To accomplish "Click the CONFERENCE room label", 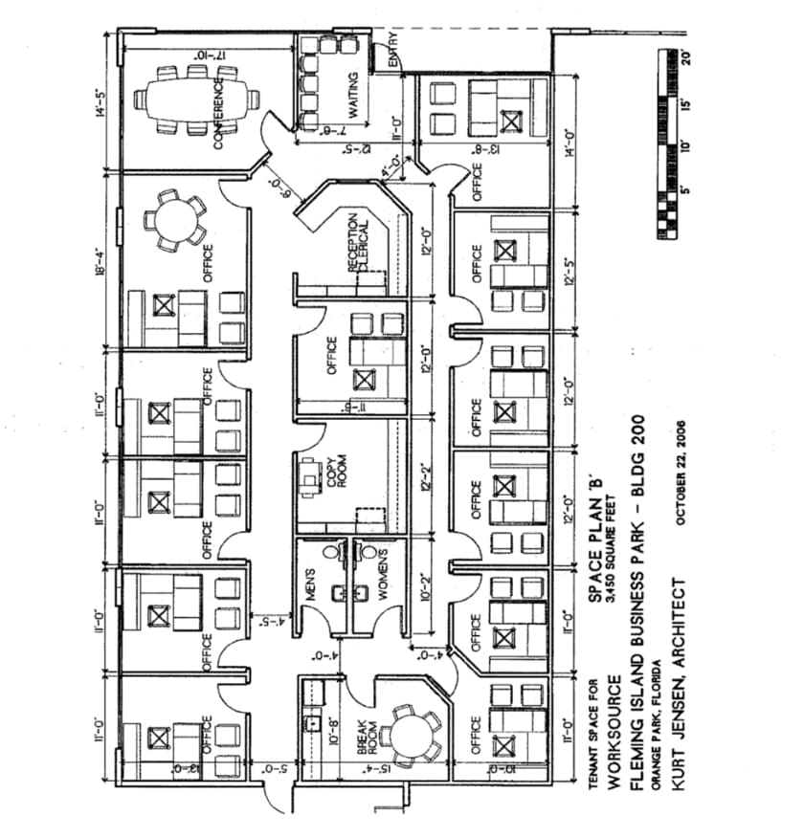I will [x=219, y=113].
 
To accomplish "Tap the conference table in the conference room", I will [x=196, y=99].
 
